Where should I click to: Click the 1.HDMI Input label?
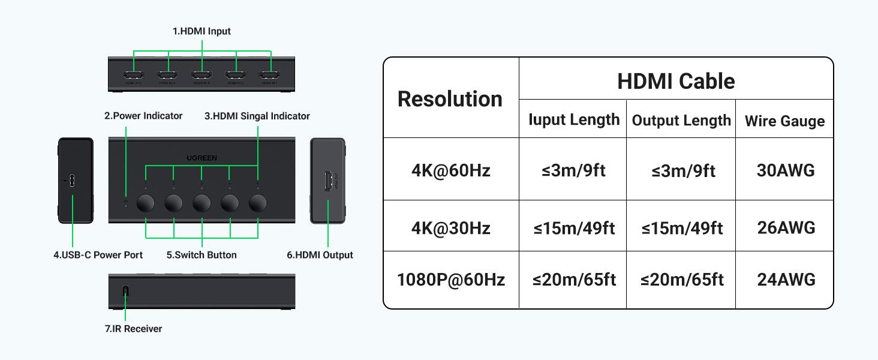(202, 31)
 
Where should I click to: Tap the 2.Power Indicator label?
(143, 116)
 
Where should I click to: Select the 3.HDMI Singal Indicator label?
(257, 116)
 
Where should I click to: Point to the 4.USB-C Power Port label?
(98, 255)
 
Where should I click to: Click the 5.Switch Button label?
(202, 255)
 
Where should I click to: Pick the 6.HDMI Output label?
(320, 255)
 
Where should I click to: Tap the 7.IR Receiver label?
(133, 329)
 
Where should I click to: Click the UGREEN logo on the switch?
(202, 158)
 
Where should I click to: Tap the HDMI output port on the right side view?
(329, 181)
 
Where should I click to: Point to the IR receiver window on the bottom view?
(125, 292)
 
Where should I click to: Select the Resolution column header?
(450, 99)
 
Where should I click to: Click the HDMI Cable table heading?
(676, 81)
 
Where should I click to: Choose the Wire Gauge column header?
(784, 121)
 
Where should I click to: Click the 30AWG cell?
(786, 170)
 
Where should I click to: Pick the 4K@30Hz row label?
(451, 228)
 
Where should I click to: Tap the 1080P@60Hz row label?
(451, 280)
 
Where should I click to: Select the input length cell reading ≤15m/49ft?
(574, 228)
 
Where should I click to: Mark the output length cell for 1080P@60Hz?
(682, 280)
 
